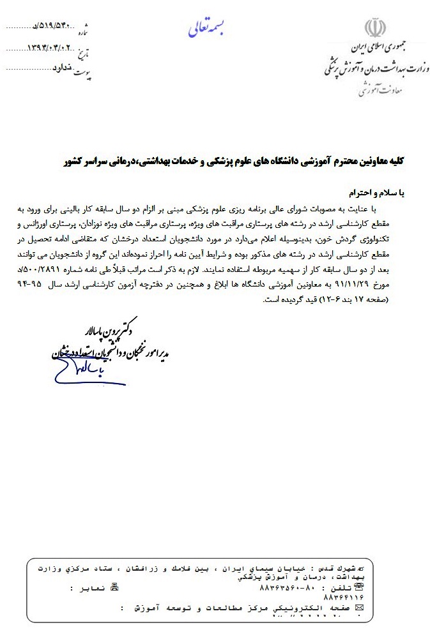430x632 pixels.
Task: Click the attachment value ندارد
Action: click(x=50, y=67)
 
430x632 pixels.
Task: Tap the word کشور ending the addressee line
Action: click(x=77, y=163)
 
